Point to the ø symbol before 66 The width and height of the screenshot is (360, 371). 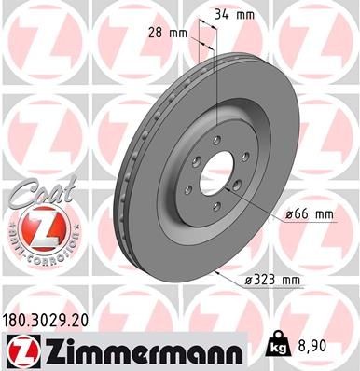(289, 215)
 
